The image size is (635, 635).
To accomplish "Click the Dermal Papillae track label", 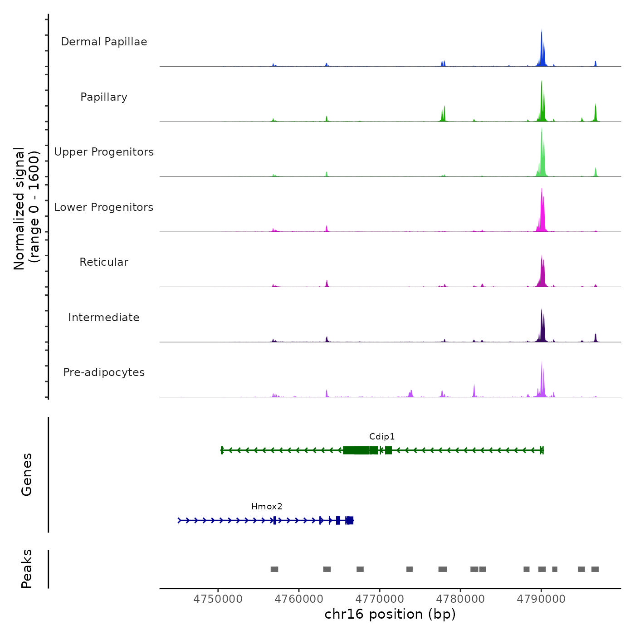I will click(x=104, y=42).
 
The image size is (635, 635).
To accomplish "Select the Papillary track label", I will click(x=104, y=97).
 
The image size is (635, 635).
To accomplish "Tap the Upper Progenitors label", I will click(x=104, y=152).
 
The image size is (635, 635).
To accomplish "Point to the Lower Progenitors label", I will click(x=104, y=207).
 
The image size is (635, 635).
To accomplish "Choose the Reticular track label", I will click(x=104, y=262).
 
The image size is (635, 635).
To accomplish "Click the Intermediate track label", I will click(x=104, y=317).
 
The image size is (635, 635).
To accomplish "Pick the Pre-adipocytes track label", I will click(x=104, y=372).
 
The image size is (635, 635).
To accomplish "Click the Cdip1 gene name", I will click(x=382, y=437).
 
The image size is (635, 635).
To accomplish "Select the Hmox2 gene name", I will click(x=267, y=507).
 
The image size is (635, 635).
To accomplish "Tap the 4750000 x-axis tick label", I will click(x=218, y=599).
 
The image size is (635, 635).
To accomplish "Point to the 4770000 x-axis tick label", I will click(x=380, y=599).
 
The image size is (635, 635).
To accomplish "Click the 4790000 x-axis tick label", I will click(x=541, y=599).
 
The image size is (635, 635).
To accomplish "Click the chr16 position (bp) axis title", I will click(x=390, y=614).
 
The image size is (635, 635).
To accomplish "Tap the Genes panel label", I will click(x=27, y=474).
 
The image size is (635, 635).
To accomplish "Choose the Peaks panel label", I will click(x=27, y=569).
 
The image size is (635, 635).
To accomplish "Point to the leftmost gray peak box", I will click(x=274, y=569).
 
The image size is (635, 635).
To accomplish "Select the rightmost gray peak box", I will click(x=595, y=569).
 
